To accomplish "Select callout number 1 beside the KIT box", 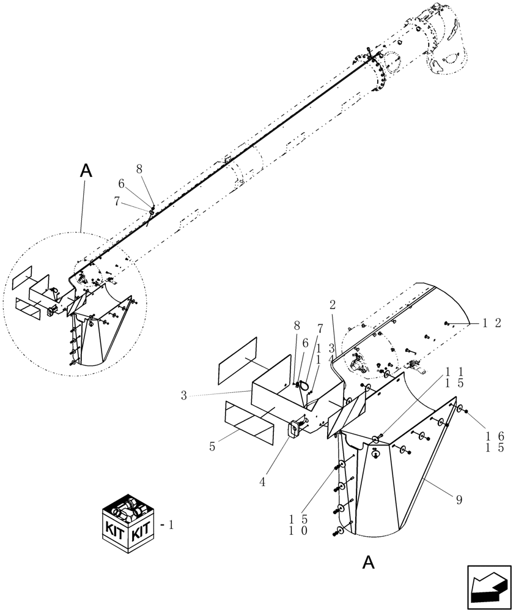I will [x=171, y=525].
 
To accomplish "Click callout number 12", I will [x=493, y=324].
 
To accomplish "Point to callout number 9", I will [x=459, y=500].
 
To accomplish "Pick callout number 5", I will [x=212, y=447].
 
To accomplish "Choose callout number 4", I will [x=262, y=482].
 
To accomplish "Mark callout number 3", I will [x=183, y=395].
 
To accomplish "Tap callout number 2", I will [x=333, y=304].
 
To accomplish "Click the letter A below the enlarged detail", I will [x=368, y=562].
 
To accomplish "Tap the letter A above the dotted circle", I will [x=86, y=171].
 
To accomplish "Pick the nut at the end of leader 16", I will [x=467, y=412].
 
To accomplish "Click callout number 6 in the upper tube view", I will [x=122, y=184].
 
